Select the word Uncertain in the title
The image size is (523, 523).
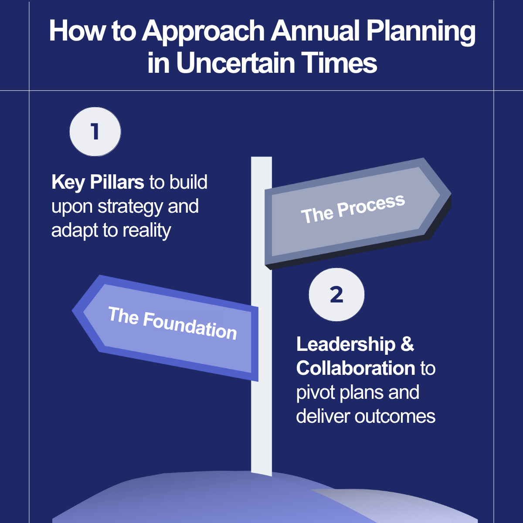[x=236, y=63]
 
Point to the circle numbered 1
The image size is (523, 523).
[x=95, y=132]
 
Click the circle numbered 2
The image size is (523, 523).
[x=336, y=295]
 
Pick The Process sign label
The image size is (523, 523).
[x=353, y=209]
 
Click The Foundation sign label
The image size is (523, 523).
[x=172, y=323]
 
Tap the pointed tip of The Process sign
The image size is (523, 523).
[x=451, y=194]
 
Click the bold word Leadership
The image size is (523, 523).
[x=346, y=345]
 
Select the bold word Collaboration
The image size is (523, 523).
[x=356, y=369]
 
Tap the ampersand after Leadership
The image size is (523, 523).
[x=408, y=345]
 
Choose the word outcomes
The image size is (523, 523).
[x=395, y=417]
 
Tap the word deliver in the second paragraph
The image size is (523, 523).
[x=323, y=416]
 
